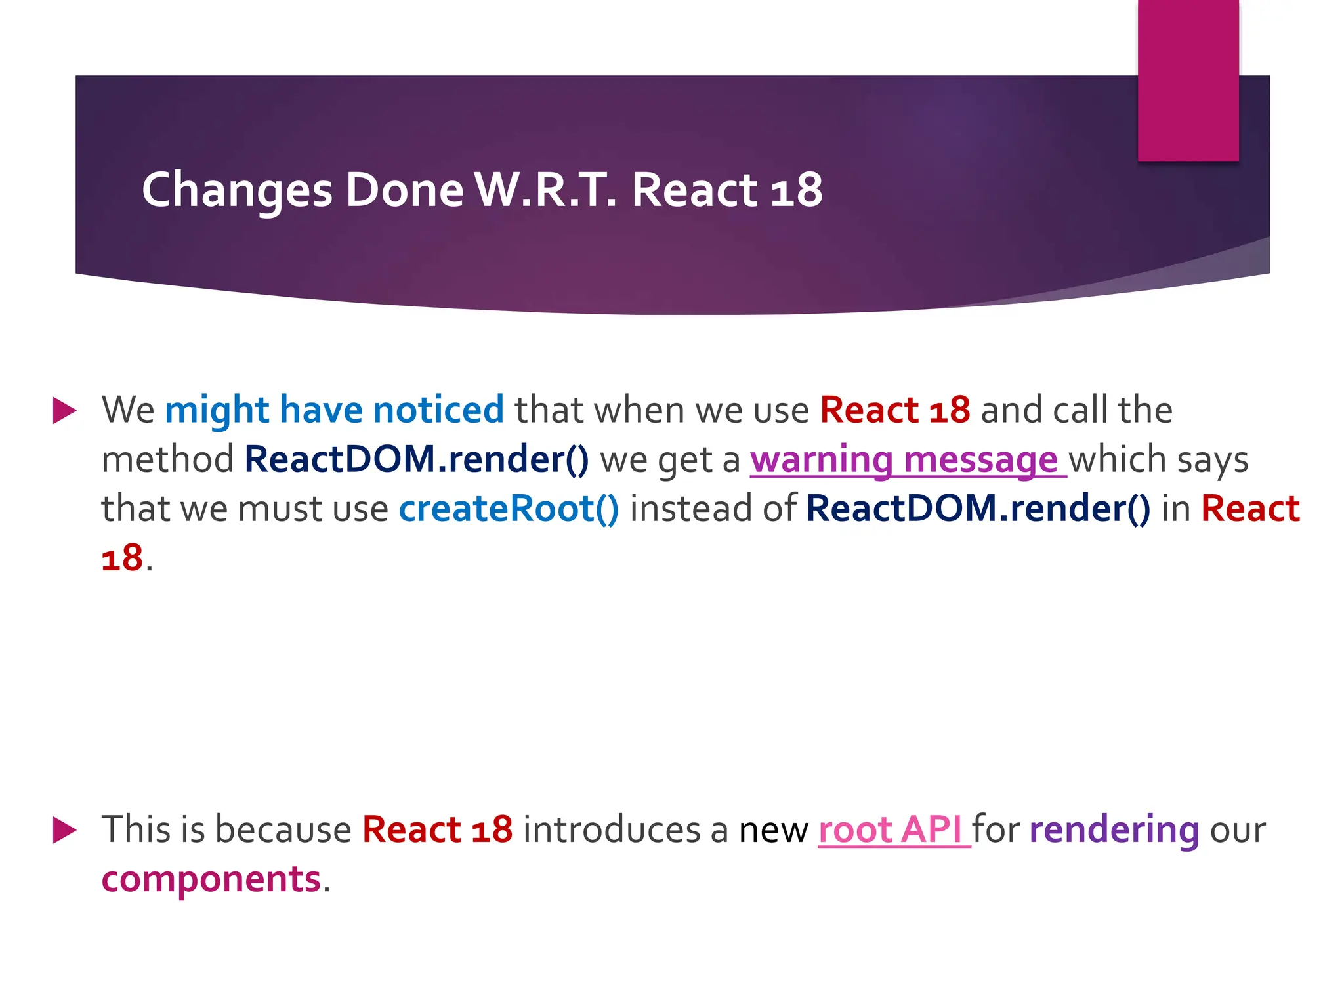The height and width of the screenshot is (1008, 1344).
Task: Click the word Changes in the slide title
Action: click(x=237, y=190)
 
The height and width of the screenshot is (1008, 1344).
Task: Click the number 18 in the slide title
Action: click(x=796, y=190)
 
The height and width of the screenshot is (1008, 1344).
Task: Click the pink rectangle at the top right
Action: click(x=1188, y=80)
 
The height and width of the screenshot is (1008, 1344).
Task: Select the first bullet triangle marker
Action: click(x=64, y=411)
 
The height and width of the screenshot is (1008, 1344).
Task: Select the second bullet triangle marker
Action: click(x=64, y=830)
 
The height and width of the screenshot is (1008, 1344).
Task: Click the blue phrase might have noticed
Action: click(x=334, y=410)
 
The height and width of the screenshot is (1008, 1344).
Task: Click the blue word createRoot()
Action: click(x=509, y=509)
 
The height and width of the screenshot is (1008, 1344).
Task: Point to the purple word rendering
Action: click(x=1114, y=829)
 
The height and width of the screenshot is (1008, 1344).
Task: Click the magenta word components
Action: click(x=211, y=879)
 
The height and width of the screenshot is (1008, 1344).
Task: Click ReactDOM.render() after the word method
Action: click(x=417, y=459)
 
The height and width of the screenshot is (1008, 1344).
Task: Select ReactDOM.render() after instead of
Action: click(x=978, y=509)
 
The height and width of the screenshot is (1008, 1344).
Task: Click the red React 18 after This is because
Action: click(x=437, y=829)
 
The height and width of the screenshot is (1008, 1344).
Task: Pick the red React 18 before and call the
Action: click(x=894, y=410)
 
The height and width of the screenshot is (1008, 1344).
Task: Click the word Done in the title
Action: click(x=404, y=190)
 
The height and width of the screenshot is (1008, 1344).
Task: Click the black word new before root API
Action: click(x=773, y=831)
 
